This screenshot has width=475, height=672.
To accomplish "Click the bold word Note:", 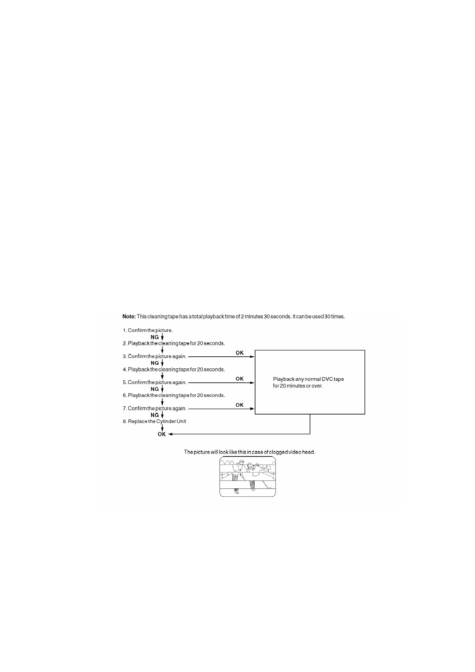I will [129, 316].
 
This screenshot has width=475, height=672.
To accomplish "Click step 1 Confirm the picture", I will [148, 330].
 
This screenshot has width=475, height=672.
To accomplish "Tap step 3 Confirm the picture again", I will [155, 356].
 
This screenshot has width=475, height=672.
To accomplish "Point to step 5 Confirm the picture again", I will [155, 382].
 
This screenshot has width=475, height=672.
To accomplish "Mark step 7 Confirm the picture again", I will [155, 409].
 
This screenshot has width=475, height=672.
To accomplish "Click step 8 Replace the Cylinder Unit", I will [154, 421].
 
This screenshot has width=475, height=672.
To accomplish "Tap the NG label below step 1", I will [154, 337].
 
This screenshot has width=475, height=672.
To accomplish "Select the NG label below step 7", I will [154, 415].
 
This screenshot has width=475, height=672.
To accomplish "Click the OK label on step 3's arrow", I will [239, 353].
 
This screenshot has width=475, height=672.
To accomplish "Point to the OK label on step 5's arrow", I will [239, 379].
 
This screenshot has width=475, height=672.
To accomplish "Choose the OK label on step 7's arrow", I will [239, 405].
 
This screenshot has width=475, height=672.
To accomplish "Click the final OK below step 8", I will [162, 434].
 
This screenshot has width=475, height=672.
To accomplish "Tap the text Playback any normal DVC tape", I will [308, 379].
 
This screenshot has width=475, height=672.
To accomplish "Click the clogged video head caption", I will [249, 452].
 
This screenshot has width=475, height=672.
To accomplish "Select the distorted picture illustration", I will [247, 476].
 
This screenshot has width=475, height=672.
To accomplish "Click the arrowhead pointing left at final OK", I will [170, 434].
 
